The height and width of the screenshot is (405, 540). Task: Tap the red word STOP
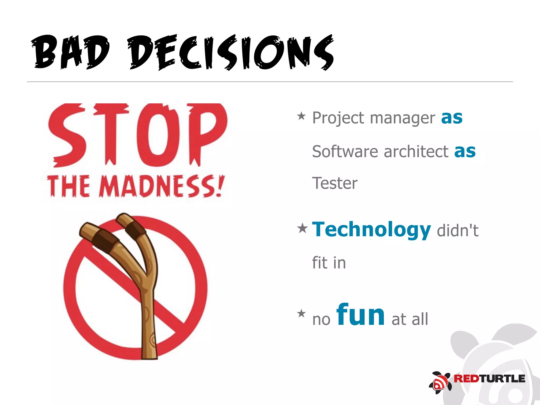137,135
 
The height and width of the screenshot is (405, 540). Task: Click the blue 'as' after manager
452,117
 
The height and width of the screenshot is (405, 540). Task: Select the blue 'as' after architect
465,151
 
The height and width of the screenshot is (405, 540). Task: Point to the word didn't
457,230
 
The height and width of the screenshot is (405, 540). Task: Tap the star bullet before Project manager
301,116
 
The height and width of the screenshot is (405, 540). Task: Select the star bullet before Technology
302,228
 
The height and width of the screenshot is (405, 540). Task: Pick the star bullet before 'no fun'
301,314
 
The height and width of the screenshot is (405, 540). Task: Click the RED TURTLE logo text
489,379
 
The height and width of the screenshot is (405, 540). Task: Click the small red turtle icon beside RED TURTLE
440,383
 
